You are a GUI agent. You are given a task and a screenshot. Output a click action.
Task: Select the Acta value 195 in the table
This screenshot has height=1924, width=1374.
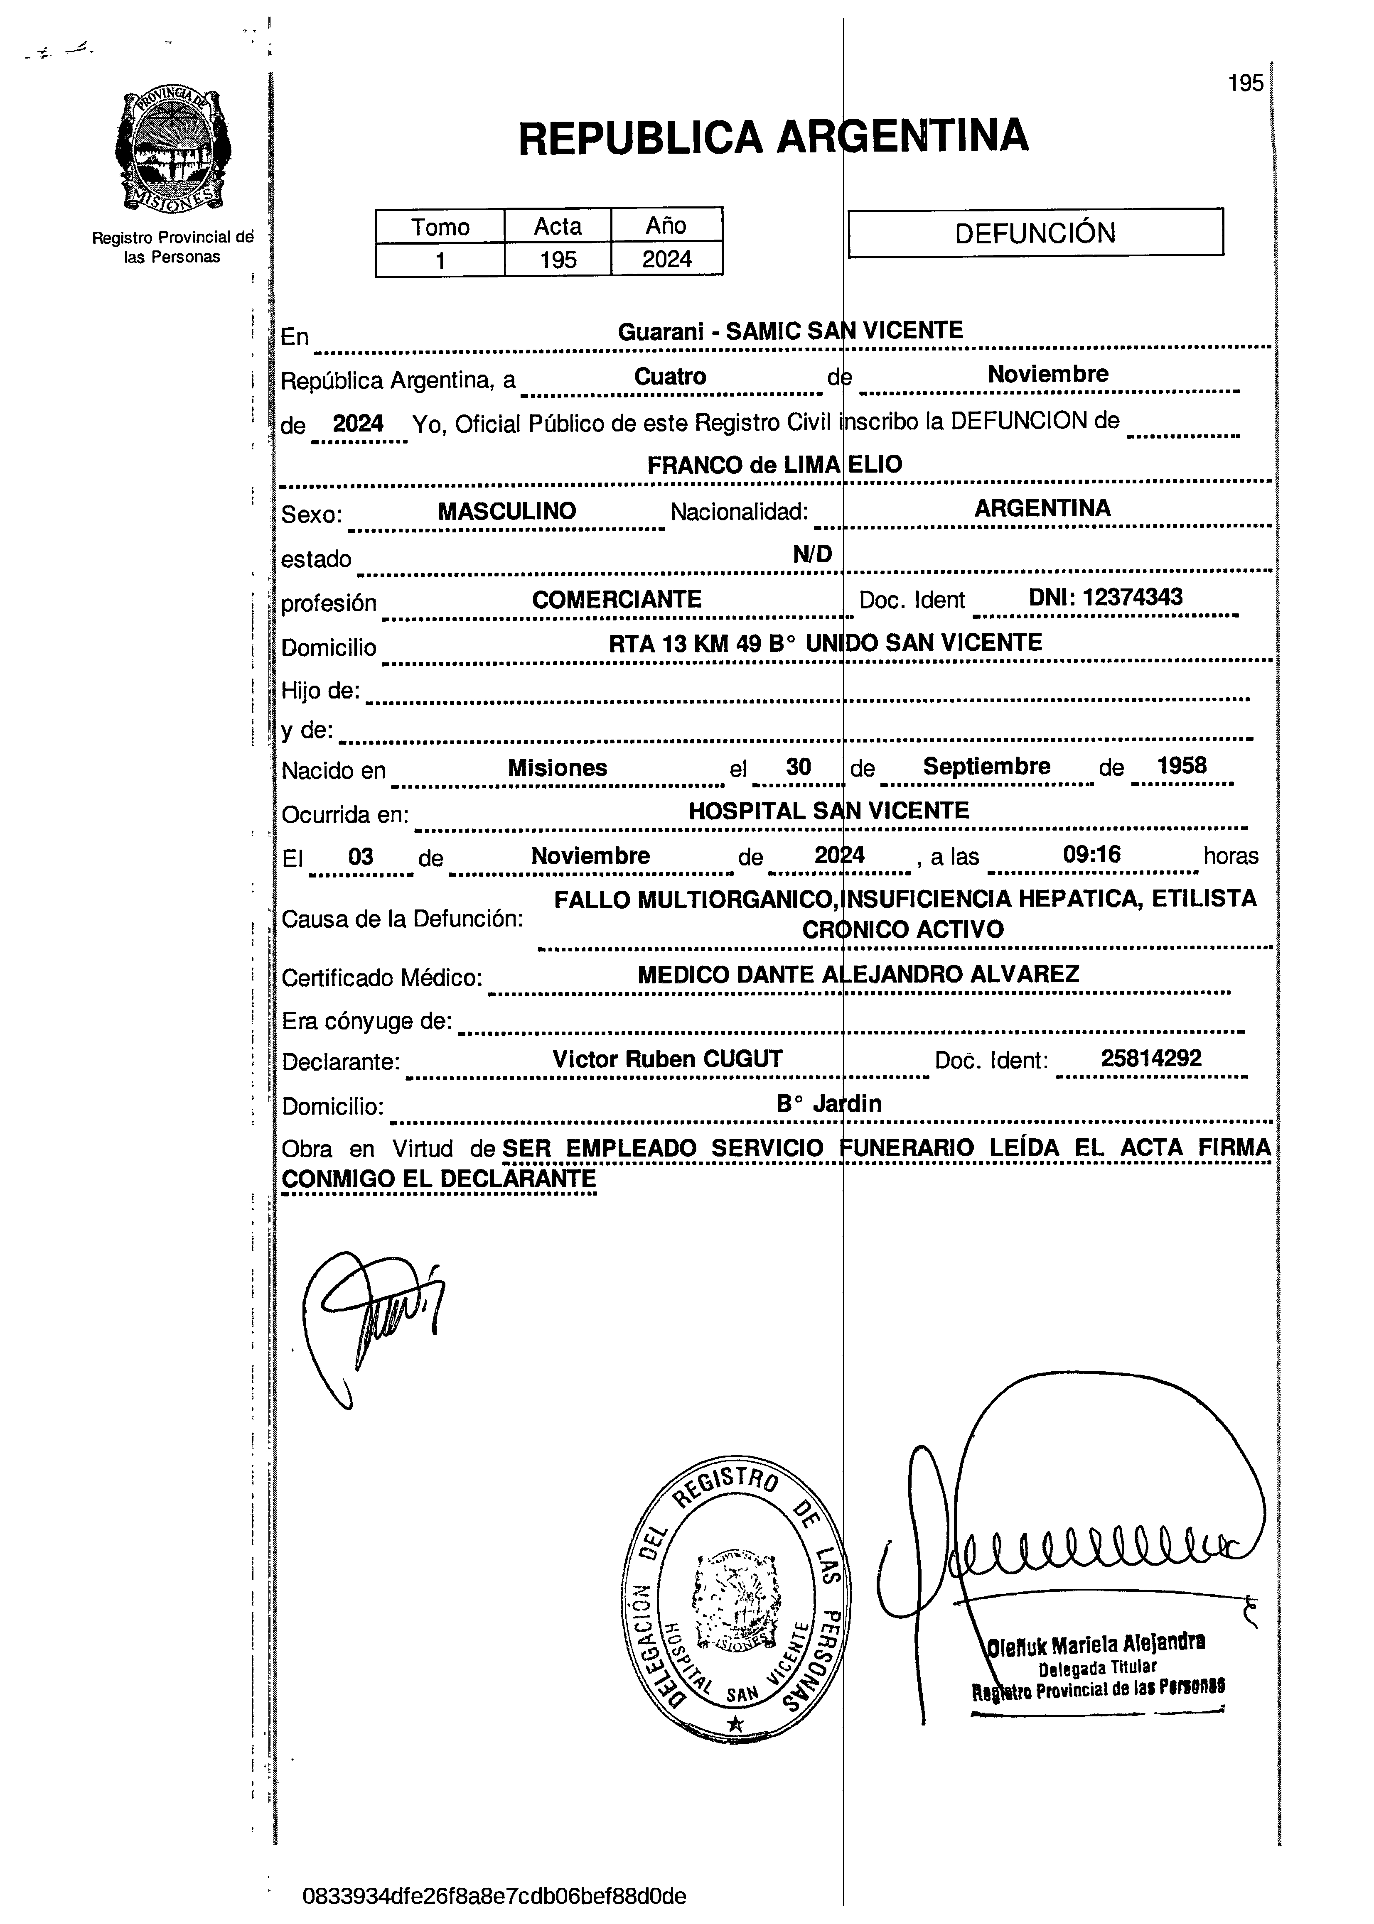[x=558, y=260]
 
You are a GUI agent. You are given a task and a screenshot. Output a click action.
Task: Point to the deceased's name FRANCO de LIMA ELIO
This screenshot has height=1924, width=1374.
[x=774, y=464]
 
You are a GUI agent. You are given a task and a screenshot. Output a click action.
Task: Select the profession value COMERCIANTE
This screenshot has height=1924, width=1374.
[x=617, y=600]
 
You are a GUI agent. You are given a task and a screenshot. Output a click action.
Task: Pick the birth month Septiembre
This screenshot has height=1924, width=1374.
[x=986, y=766]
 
